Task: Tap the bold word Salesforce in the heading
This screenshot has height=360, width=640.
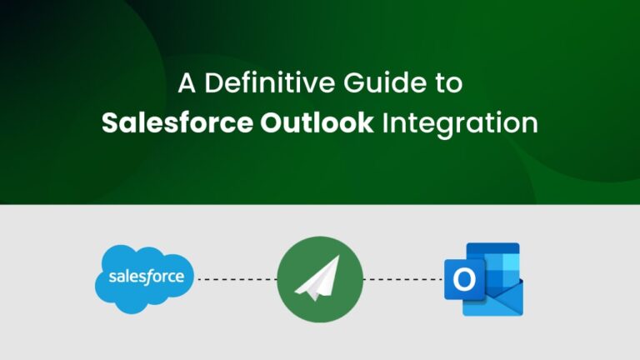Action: [176, 123]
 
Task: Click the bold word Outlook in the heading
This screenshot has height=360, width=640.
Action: [316, 123]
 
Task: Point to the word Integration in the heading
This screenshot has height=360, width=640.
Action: [460, 124]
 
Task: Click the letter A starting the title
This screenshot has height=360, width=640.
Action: [188, 85]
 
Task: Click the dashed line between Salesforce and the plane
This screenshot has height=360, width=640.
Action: [236, 278]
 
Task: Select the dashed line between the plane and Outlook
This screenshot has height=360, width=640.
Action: [403, 278]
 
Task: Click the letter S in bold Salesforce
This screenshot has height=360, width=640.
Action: [109, 123]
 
